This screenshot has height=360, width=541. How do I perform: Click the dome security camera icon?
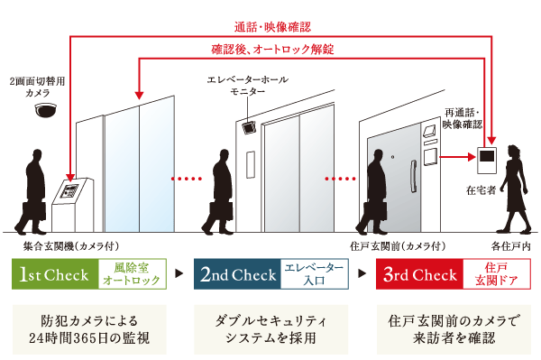[x=44, y=111]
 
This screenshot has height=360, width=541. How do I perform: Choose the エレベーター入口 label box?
[x=314, y=274]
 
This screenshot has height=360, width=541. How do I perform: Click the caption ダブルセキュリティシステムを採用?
[x=270, y=330]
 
